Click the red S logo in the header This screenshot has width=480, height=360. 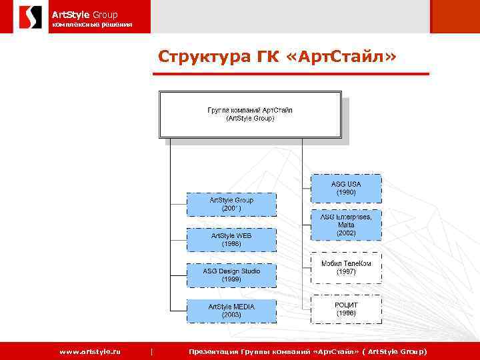(29, 17)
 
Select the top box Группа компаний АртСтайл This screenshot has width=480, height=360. (250, 114)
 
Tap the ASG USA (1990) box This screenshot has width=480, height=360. (346, 188)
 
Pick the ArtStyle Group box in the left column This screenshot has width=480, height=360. (231, 204)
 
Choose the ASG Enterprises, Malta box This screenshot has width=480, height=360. (346, 225)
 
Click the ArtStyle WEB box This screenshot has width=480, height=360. (231, 240)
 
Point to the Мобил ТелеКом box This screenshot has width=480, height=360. (346, 268)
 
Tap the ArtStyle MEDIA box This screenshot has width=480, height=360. (231, 311)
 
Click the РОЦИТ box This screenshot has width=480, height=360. (346, 308)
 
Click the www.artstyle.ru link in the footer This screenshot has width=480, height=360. (90, 351)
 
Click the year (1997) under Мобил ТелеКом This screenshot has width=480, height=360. (346, 273)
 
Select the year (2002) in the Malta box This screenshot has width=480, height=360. (346, 233)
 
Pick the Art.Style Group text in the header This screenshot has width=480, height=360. (85, 13)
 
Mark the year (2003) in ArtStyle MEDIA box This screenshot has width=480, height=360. (231, 315)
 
